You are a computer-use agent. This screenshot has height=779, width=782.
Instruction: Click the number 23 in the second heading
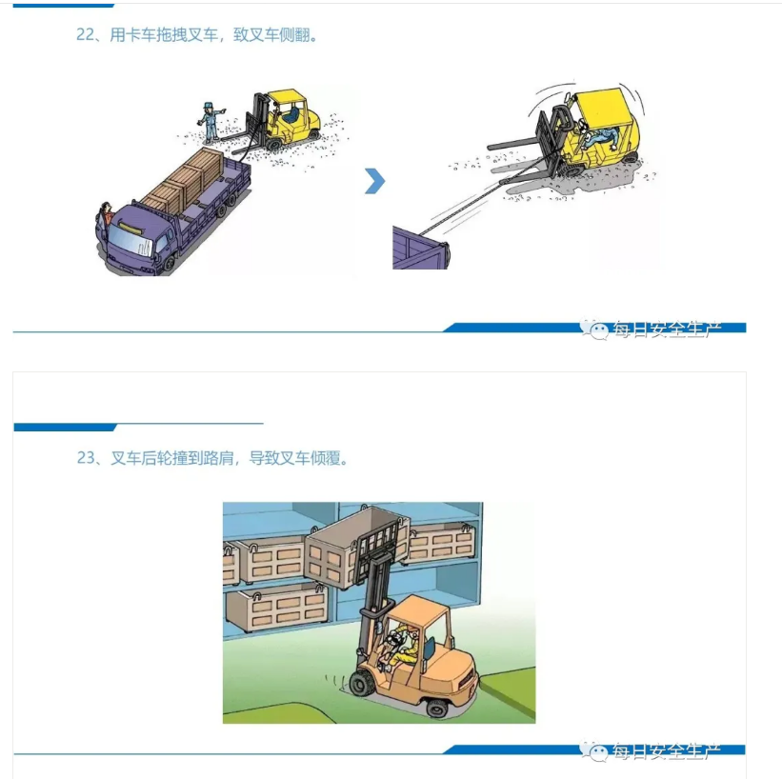(x=85, y=458)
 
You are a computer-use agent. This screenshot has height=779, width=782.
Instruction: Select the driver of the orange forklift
(x=400, y=647)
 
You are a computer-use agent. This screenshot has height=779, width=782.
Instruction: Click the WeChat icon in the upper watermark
(x=598, y=330)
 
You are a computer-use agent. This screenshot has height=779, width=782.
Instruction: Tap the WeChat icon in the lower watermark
(x=598, y=752)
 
